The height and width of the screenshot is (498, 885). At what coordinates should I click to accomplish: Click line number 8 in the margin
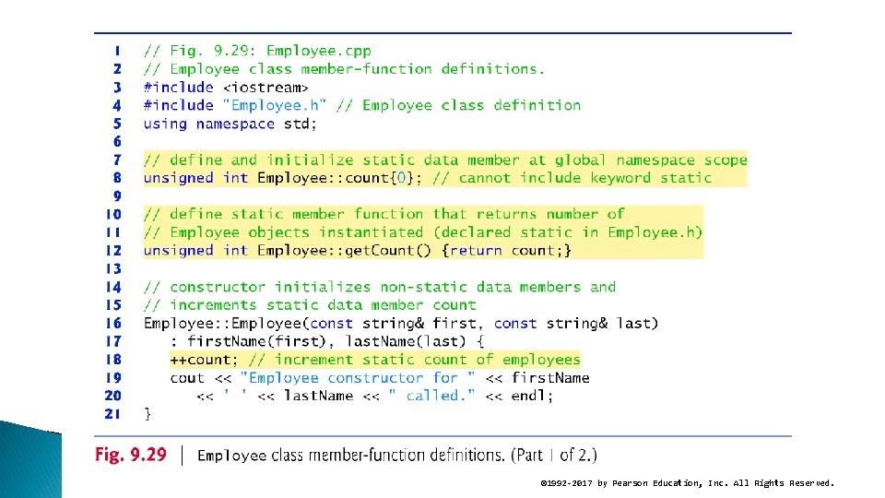pyautogui.click(x=117, y=178)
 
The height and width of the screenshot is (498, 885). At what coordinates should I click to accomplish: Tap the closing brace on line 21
pyautogui.click(x=147, y=414)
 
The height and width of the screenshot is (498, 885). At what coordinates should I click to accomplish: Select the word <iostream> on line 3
pyautogui.click(x=265, y=88)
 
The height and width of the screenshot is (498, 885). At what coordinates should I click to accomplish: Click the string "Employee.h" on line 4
pyautogui.click(x=275, y=105)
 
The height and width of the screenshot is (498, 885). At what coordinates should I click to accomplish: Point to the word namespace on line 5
pyautogui.click(x=235, y=125)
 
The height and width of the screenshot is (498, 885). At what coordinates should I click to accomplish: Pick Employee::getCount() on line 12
pyautogui.click(x=344, y=250)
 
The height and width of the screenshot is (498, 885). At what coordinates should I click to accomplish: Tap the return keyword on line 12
pyautogui.click(x=476, y=251)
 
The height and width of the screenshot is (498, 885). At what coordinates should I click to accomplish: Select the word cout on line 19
pyautogui.click(x=187, y=378)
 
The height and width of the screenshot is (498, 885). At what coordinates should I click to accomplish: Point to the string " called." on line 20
pyautogui.click(x=431, y=396)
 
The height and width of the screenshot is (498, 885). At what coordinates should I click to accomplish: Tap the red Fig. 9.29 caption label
pyautogui.click(x=131, y=455)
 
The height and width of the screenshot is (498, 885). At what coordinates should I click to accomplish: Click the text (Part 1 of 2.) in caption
pyautogui.click(x=554, y=455)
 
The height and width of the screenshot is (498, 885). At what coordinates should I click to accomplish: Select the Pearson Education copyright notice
pyautogui.click(x=687, y=483)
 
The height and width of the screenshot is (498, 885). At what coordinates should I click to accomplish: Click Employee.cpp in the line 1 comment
pyautogui.click(x=319, y=51)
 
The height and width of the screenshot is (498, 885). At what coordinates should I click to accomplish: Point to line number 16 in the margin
pyautogui.click(x=113, y=323)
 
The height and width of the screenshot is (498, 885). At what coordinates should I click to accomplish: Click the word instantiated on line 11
pyautogui.click(x=371, y=232)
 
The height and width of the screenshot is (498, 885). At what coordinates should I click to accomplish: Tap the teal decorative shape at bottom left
pyautogui.click(x=30, y=460)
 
